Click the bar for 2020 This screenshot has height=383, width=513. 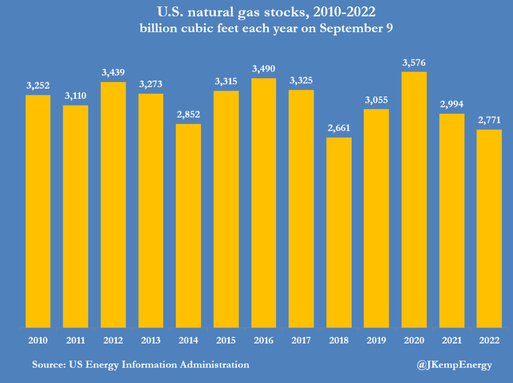(414, 200)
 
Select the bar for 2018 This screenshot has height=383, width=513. (339, 232)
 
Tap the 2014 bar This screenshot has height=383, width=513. (188, 226)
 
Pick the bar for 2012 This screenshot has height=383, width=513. (113, 205)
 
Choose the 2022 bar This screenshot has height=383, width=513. (489, 229)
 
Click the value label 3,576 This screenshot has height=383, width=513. (414, 63)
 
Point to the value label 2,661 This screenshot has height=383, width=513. (339, 128)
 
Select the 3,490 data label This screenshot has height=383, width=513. (264, 69)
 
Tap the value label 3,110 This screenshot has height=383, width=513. (76, 96)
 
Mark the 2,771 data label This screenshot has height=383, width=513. (489, 120)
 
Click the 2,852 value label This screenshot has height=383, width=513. (188, 115)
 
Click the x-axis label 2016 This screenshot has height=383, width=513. (264, 340)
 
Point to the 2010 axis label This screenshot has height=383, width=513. (38, 340)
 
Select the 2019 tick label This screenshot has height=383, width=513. (376, 340)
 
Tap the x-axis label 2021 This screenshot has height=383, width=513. (452, 340)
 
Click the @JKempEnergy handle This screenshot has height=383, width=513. (454, 365)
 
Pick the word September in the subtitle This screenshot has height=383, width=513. (351, 29)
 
